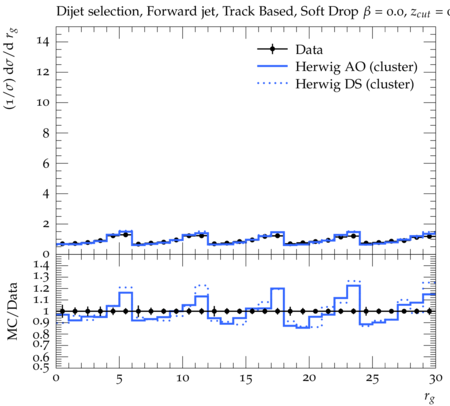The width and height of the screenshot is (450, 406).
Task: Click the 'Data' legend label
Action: tap(309, 50)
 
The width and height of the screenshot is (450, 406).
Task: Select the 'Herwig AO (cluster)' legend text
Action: tap(356, 67)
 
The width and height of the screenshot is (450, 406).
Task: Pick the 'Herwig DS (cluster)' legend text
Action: tap(355, 84)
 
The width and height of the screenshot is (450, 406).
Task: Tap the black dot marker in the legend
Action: tap(272, 49)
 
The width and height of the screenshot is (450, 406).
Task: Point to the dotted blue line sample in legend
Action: tap(272, 83)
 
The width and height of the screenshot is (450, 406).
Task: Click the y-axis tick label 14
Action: tap(43, 41)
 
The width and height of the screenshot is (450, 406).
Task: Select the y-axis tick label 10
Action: tap(43, 102)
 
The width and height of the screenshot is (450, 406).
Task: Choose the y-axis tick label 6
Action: tap(46, 163)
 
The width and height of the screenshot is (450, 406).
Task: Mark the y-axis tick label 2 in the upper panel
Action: tap(46, 224)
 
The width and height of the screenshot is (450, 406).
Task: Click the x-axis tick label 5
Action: tap(119, 379)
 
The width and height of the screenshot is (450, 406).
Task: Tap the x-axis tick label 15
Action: tap(246, 379)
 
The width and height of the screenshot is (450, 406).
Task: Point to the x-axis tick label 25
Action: tap(372, 379)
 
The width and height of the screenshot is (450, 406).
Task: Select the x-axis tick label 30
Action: tap(436, 378)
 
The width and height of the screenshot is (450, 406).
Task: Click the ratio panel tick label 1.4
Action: tap(41, 265)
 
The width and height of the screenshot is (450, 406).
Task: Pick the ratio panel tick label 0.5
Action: tap(41, 367)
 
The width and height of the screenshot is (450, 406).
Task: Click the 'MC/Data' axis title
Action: tap(13, 311)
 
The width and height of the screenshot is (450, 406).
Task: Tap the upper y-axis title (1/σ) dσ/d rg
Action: tap(11, 69)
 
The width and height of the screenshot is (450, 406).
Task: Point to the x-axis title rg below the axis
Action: tap(430, 397)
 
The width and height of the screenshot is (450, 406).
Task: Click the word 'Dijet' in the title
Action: tap(70, 12)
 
